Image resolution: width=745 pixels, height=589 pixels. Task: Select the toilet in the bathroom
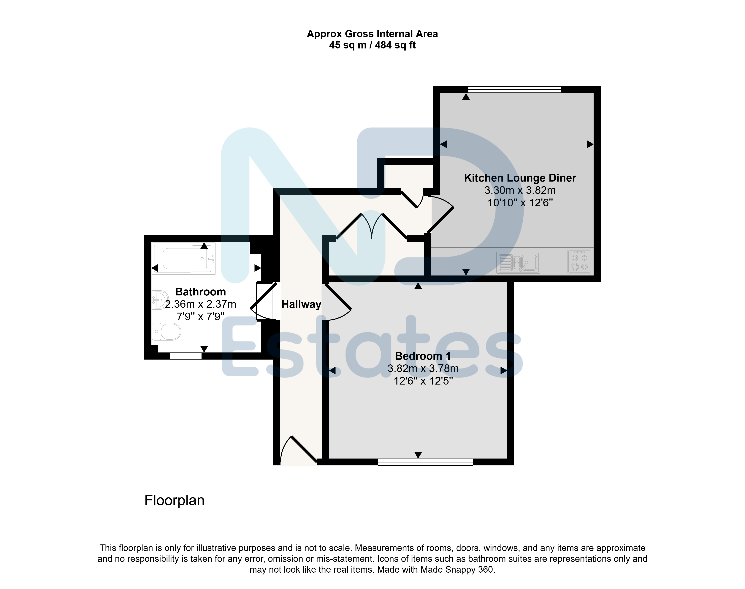[x=166, y=332]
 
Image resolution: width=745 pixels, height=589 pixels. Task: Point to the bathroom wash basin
[x=160, y=300]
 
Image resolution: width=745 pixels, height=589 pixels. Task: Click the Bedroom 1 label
[x=423, y=356]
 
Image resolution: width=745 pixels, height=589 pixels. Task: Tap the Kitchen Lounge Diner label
[x=520, y=178]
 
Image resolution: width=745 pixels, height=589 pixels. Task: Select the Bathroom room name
[x=201, y=292]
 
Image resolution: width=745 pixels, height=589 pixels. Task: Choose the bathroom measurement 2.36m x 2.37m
[x=201, y=304]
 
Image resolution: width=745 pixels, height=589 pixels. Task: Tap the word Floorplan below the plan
[x=174, y=500]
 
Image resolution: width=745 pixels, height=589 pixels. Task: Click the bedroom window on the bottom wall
[x=426, y=462]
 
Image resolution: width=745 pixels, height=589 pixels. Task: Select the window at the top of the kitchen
[x=515, y=90]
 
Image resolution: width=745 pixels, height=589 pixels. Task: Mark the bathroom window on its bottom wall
[x=186, y=356]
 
